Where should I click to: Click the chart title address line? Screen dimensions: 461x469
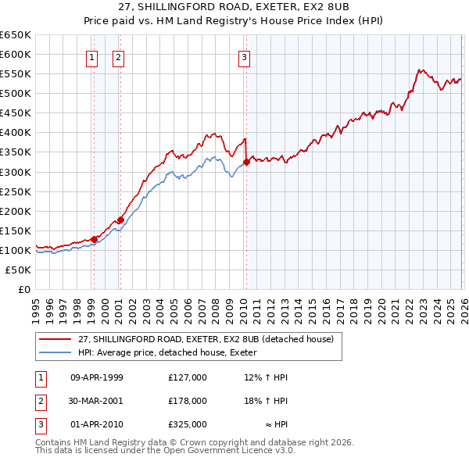pos(234,7)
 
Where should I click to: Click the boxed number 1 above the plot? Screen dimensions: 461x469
pos(93,56)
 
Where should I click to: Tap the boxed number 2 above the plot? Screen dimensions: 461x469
pos(118,56)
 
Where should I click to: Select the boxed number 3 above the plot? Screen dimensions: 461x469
pos(245,56)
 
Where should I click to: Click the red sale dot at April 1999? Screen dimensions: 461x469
pos(94,239)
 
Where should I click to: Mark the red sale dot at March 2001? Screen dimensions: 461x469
pos(120,220)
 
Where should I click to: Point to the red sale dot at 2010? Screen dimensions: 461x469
pos(245,162)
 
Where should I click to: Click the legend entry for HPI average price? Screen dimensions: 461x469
pos(173,352)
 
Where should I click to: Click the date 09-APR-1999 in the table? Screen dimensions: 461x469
pos(97,377)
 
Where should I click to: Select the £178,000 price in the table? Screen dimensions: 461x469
pos(188,401)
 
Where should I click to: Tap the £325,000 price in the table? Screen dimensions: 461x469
pos(188,425)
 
